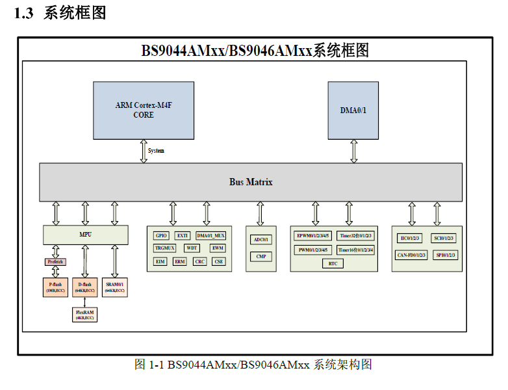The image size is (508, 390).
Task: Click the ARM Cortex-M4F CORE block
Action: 144,110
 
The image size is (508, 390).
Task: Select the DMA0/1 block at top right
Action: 353,110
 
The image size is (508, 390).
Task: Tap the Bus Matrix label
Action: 251,182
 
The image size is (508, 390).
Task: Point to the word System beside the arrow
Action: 156,151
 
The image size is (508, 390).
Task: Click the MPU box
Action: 85,235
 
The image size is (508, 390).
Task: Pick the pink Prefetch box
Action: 55,261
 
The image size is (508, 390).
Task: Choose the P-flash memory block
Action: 55,287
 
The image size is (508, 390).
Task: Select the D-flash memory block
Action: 85,287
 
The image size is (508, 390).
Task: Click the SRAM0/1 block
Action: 114,287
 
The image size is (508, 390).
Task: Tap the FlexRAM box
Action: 85,315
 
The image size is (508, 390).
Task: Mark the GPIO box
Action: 161,235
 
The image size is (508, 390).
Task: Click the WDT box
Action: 192,248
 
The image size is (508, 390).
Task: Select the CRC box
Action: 200,261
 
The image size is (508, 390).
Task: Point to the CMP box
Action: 260,256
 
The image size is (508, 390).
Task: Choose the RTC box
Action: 333,263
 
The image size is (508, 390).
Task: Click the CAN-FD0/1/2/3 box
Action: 411,255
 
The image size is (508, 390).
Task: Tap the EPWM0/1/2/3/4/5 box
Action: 313,235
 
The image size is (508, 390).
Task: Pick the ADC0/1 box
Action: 260,240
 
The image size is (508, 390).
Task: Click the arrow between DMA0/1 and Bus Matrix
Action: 353,151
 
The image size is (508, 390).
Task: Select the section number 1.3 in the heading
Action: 23,13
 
